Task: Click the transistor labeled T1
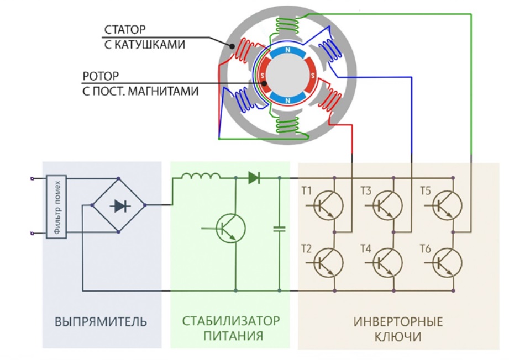coord(328,205)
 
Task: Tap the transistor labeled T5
coord(447,205)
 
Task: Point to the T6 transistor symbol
coord(447,262)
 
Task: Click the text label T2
coord(306,249)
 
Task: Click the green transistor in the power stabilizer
coord(231,229)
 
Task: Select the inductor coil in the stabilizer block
coord(200,176)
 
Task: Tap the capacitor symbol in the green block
coord(279,229)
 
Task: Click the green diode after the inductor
coord(254,178)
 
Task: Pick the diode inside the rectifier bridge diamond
coord(120,205)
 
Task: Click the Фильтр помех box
coord(56,207)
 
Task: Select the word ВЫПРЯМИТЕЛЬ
coord(101,322)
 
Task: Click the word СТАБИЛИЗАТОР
coord(231,321)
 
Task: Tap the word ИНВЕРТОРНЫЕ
coord(398,322)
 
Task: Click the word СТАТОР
coord(125,29)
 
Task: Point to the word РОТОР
coord(101,76)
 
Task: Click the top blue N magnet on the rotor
coord(287,52)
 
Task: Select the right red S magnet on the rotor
coord(312,76)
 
